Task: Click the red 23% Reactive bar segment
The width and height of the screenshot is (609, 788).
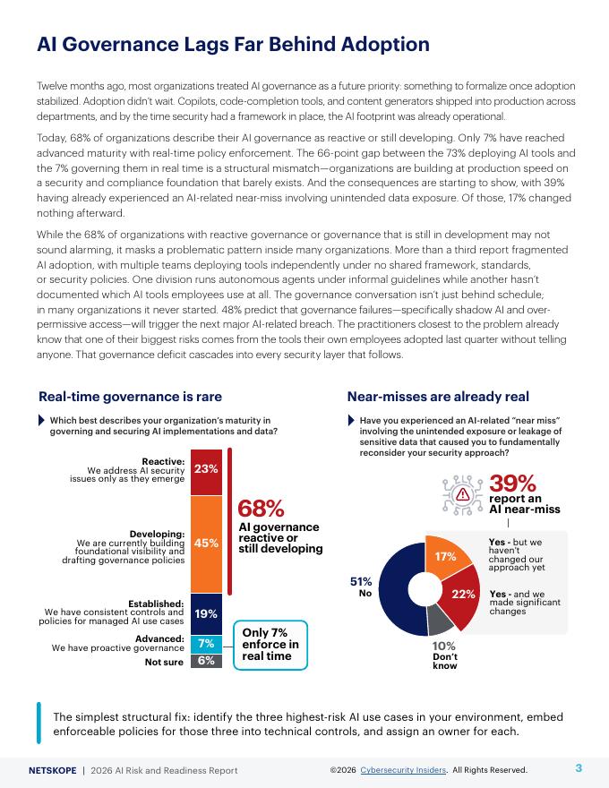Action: coord(206,468)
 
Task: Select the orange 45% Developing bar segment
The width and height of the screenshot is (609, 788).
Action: coord(206,542)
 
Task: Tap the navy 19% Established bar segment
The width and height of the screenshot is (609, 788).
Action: coord(206,613)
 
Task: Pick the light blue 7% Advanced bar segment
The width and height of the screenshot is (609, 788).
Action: coord(206,643)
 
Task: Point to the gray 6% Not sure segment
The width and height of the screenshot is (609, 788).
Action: coord(206,661)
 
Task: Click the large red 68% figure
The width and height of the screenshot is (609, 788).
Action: coord(261,509)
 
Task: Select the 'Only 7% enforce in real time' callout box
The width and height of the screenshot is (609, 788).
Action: coord(270,645)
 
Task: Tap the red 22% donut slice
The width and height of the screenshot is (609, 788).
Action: coord(462,595)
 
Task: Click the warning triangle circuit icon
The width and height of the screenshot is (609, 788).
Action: coord(462,492)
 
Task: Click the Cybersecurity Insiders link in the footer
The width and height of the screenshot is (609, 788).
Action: coord(409,770)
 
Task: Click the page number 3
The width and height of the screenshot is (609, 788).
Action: coord(579,768)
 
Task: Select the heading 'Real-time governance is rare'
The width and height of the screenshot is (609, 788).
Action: coord(130,397)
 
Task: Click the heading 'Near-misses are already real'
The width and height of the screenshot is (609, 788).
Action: coord(438,397)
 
